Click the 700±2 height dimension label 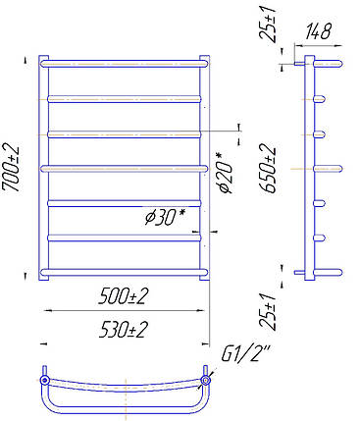pyautogui.click(x=11, y=168)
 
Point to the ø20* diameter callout pyautogui.click(x=225, y=173)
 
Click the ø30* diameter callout pyautogui.click(x=166, y=217)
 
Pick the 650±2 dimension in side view pyautogui.click(x=268, y=169)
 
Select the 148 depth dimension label pyautogui.click(x=319, y=31)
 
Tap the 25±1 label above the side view pyautogui.click(x=268, y=21)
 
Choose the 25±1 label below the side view pyautogui.click(x=268, y=311)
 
